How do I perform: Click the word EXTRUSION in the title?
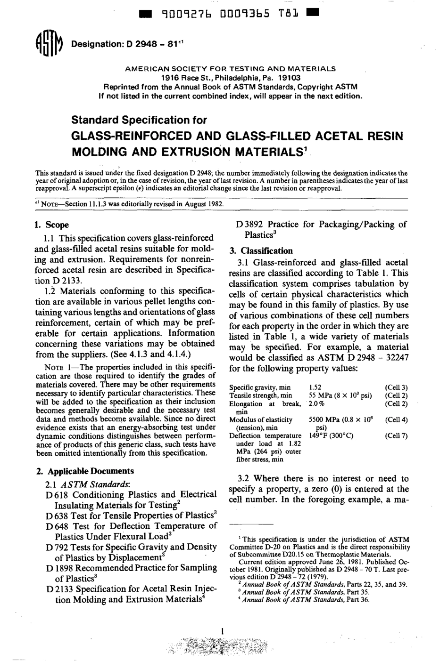click(x=198, y=153)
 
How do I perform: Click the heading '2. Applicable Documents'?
click(x=85, y=471)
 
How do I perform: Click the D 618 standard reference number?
click(x=57, y=495)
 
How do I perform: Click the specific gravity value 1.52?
click(x=315, y=387)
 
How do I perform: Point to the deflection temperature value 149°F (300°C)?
click(x=331, y=435)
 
